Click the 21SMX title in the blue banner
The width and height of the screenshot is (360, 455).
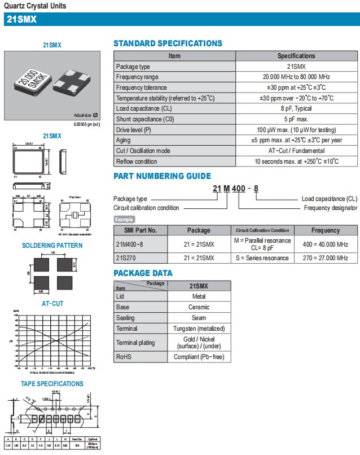point(21,19)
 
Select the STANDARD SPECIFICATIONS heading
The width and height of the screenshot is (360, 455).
point(168,43)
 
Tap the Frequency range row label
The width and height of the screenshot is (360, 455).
point(137,77)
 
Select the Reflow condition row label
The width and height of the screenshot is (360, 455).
point(137,161)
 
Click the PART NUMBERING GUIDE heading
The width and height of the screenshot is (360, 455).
point(162,176)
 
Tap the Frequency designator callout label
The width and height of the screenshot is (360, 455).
point(330,208)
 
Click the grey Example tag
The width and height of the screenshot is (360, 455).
point(125,219)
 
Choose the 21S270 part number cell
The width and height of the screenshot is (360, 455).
point(126,258)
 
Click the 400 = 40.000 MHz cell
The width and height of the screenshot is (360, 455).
point(325,244)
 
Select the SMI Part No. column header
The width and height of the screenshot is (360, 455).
point(141,230)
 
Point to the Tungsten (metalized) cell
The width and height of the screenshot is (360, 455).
point(199,329)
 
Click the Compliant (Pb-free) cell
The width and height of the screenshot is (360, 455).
point(199,357)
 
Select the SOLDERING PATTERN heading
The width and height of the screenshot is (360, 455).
point(52,246)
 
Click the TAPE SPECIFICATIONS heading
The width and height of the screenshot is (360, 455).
point(52,384)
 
